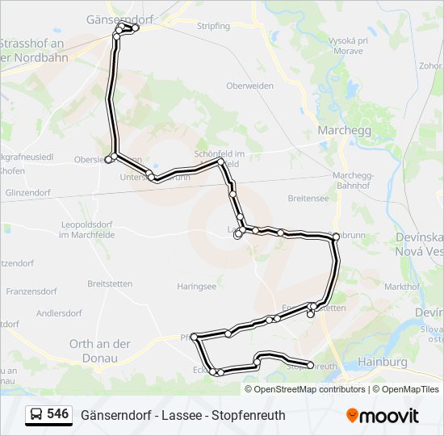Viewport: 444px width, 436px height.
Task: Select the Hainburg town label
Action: [x=382, y=363]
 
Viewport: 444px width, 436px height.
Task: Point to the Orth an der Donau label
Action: [x=99, y=350]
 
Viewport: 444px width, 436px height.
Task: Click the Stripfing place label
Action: [x=213, y=26]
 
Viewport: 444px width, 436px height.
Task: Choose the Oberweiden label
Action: [x=249, y=86]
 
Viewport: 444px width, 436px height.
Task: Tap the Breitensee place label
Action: [x=308, y=198]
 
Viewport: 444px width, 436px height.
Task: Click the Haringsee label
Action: [x=197, y=286]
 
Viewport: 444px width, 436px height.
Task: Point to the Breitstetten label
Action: [x=109, y=283]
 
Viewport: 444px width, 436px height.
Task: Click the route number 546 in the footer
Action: [x=57, y=414]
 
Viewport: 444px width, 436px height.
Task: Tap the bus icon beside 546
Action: [x=36, y=415]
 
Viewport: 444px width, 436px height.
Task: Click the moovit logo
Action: [x=383, y=416]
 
